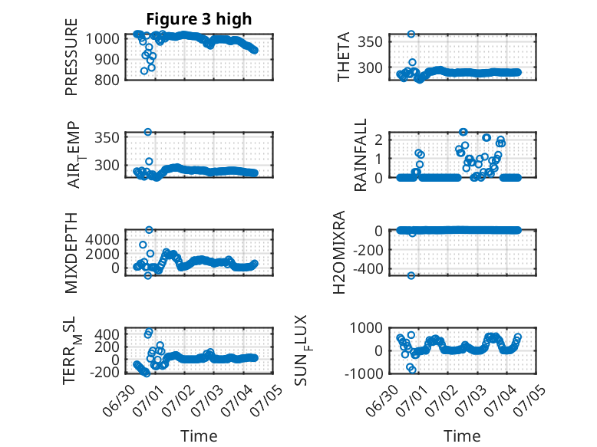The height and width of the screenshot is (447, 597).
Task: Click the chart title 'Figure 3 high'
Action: click(x=199, y=19)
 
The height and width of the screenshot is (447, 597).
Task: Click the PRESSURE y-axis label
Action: click(x=71, y=57)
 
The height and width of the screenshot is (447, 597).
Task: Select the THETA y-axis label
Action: click(x=344, y=57)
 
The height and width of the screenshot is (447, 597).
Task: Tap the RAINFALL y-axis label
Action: click(x=360, y=154)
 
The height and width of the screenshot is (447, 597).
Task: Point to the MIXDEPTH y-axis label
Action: click(x=71, y=253)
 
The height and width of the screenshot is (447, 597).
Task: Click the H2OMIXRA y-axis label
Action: click(x=339, y=252)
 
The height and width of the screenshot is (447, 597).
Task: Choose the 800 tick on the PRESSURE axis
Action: click(x=107, y=80)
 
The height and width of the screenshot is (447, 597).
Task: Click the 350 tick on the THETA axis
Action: click(x=370, y=41)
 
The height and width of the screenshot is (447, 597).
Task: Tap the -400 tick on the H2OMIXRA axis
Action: click(x=368, y=269)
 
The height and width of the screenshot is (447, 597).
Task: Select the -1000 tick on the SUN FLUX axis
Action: click(x=364, y=373)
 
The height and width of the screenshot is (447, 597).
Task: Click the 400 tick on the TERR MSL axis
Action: click(x=107, y=334)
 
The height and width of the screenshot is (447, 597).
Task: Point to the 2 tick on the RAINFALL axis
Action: click(x=378, y=140)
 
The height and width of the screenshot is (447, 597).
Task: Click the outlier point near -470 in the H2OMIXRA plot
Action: click(x=411, y=275)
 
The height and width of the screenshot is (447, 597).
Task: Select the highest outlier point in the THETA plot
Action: click(x=411, y=34)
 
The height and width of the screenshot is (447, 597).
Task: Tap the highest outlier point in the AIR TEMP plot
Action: click(x=148, y=132)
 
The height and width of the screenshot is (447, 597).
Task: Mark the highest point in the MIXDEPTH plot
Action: click(x=149, y=230)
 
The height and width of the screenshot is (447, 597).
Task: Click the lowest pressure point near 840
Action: click(x=144, y=71)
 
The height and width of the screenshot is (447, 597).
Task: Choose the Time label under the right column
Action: click(x=462, y=435)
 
